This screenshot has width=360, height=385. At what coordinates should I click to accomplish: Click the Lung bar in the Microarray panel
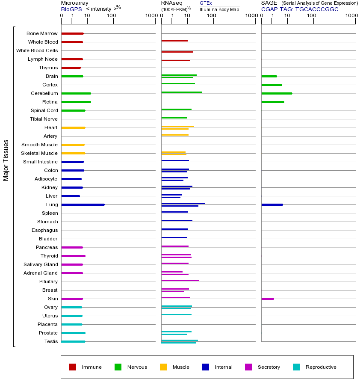point(83,204)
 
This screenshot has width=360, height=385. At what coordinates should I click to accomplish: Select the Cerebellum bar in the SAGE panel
point(277,93)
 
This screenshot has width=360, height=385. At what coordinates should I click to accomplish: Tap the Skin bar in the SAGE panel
point(268,299)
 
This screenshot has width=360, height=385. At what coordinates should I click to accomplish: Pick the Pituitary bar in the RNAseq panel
point(180,280)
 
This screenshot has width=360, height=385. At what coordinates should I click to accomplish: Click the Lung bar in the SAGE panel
point(272,204)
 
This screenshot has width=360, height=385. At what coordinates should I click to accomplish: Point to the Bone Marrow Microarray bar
point(72,33)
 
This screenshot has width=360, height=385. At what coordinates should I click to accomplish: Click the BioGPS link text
point(71,9)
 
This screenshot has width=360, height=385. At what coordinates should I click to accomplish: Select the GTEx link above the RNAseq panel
point(206,3)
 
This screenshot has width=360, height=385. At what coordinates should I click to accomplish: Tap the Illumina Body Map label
point(219,9)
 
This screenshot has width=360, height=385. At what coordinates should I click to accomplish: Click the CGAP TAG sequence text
point(300,9)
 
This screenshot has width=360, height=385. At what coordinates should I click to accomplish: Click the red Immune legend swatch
point(73,367)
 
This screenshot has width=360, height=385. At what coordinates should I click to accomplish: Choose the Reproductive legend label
point(321,367)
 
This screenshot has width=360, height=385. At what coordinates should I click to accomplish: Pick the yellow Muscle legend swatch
point(163,367)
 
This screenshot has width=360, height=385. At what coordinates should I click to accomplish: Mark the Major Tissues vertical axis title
point(6,160)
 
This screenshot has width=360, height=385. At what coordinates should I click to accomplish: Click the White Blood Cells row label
point(37,50)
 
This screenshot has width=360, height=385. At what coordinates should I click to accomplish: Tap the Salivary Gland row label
point(41,264)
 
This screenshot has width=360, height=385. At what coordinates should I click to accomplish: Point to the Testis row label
point(51,341)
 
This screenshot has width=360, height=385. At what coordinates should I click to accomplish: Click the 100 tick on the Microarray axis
point(112,16)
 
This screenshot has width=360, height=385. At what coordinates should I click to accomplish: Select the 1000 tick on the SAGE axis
point(351,16)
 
